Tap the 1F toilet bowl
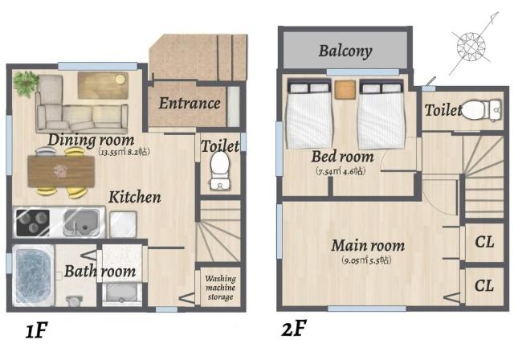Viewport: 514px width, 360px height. point(218,170)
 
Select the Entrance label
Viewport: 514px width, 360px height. point(189,103)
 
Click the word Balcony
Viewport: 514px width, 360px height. point(345,51)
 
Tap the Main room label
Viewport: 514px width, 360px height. point(368,245)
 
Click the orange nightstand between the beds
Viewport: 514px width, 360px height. point(345,88)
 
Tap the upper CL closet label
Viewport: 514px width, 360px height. point(484,241)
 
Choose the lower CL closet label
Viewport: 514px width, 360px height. point(484,286)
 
